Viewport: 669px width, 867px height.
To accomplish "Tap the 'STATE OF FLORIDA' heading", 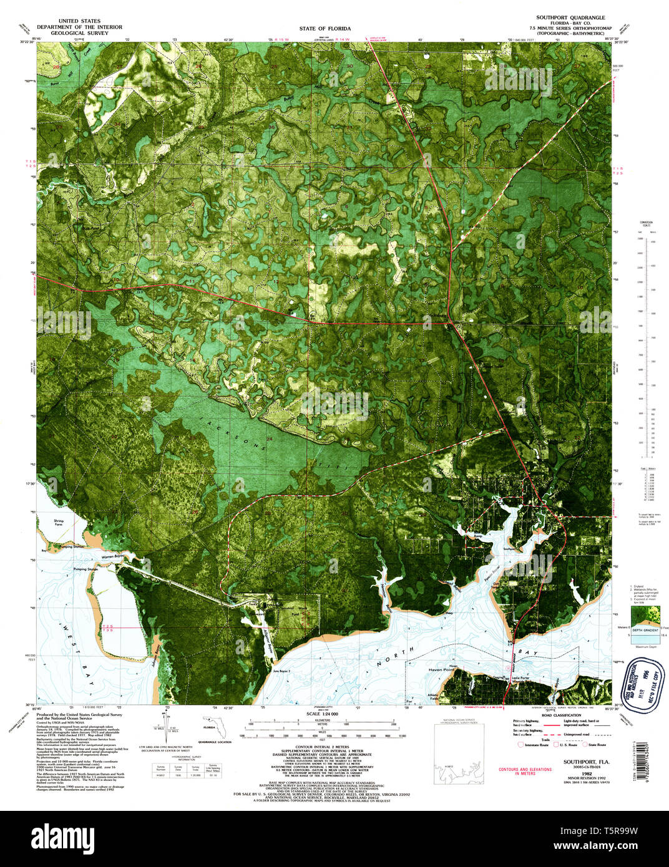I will click(x=325, y=29).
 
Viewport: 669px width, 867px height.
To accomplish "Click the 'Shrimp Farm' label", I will click(x=59, y=523).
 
